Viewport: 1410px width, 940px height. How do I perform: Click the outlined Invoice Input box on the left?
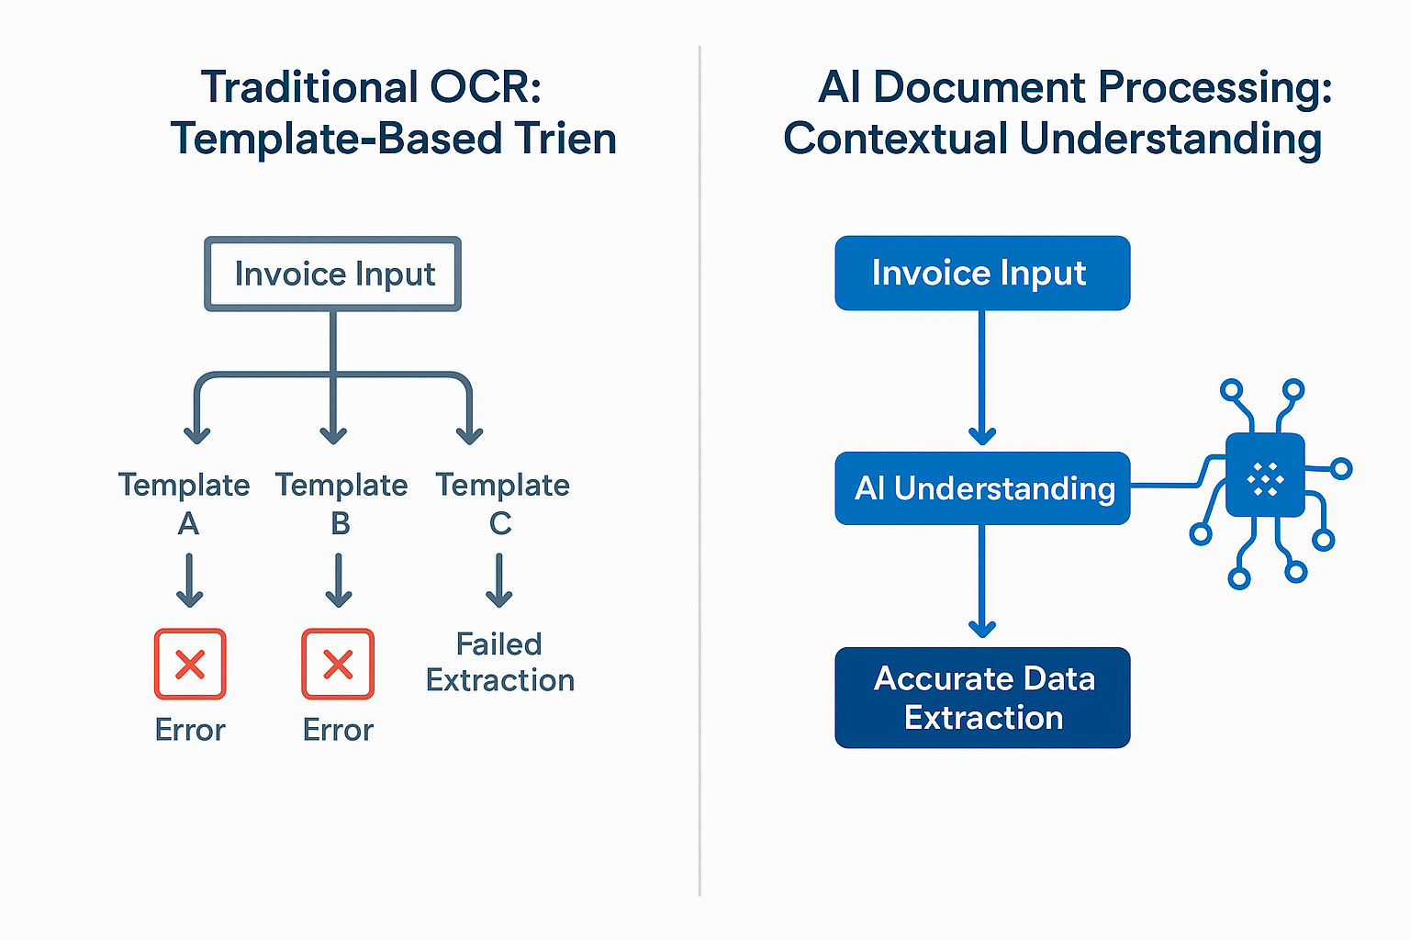point(332,274)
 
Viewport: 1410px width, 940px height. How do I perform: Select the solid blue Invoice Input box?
point(981,274)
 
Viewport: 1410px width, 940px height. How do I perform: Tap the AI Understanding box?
point(981,488)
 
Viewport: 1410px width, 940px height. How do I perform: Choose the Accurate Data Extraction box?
point(981,698)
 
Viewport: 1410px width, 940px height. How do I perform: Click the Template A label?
point(185,503)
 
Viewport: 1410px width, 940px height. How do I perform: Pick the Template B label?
point(341,503)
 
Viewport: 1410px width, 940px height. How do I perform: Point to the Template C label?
point(502,503)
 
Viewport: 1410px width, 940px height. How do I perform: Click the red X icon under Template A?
point(190,664)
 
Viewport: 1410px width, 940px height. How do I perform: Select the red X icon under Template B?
point(338,664)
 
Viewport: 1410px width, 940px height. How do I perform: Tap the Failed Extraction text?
point(499,662)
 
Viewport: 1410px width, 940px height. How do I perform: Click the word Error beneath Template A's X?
point(190,730)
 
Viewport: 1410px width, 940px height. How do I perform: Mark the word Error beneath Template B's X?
point(338,730)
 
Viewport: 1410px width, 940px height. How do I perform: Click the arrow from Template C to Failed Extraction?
point(499,580)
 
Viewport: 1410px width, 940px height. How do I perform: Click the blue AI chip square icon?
point(1265,476)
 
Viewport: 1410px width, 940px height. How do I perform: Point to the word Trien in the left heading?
point(565,140)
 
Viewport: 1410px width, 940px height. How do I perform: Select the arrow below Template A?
point(189,580)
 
